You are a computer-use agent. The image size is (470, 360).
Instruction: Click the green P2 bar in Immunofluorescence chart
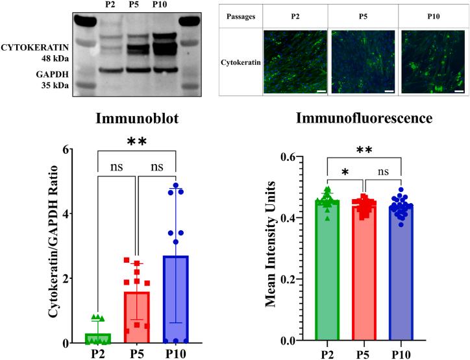[x=328, y=272]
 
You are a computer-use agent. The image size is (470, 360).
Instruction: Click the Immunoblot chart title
[x=137, y=119]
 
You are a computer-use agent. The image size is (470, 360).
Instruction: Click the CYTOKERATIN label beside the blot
[x=42, y=47]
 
